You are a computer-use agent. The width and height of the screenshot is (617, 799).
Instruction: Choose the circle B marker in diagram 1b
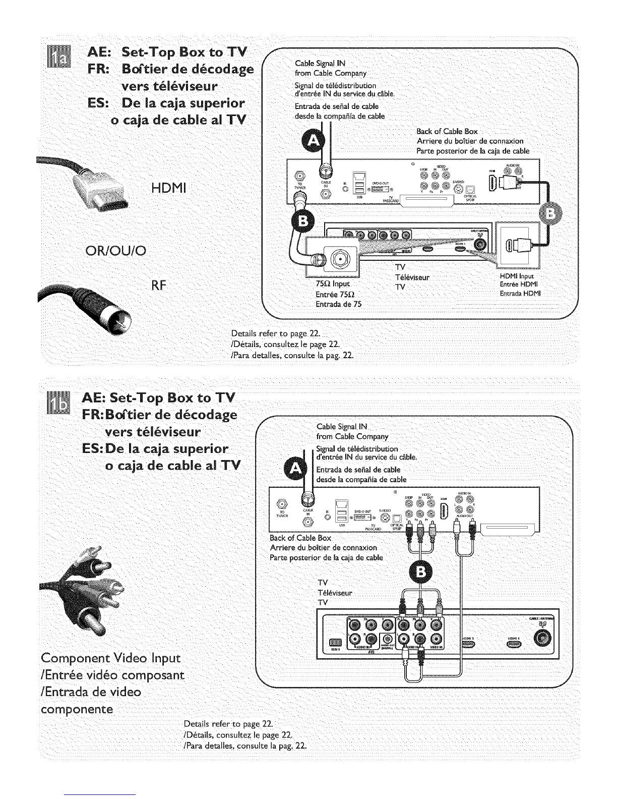coord(421,572)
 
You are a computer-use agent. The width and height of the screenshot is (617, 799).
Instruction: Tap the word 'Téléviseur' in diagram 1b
coord(335,593)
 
